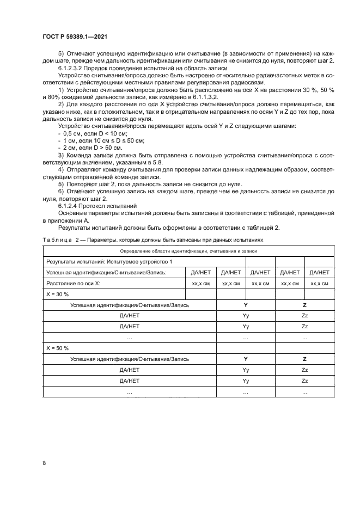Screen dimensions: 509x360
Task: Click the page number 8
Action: point(44,463)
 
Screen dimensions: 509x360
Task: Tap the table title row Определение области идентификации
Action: point(187,251)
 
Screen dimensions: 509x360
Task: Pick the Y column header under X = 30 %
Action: point(246,305)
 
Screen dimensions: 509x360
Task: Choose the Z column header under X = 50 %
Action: point(304,359)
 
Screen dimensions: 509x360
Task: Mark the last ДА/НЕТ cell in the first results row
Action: point(319,273)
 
